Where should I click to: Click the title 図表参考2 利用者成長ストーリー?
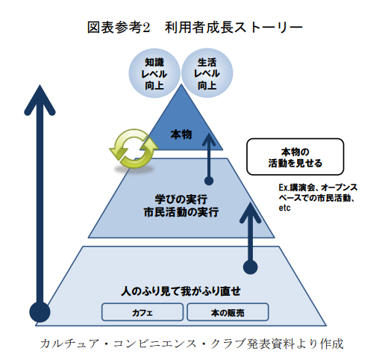[x=195, y=27]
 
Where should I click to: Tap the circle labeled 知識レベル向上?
[x=154, y=73]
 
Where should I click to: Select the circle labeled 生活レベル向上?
[x=207, y=73]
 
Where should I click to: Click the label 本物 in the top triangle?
[x=181, y=134]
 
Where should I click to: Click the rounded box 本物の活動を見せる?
[x=295, y=157]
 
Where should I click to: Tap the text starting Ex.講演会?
[x=318, y=197]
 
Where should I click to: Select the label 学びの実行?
[x=181, y=199]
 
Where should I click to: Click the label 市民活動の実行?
[x=181, y=212]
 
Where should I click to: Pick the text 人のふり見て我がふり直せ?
[x=181, y=291]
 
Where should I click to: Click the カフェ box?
[x=142, y=312]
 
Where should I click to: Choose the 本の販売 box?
[x=228, y=312]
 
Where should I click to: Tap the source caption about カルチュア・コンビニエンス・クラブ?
[x=192, y=344]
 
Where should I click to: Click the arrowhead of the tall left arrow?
[x=40, y=99]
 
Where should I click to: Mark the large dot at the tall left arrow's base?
[x=40, y=312]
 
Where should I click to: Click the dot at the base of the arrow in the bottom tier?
[x=251, y=267]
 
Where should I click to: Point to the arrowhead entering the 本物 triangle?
[x=209, y=140]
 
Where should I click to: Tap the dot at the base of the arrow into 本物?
[x=209, y=181]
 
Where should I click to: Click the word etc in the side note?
[x=284, y=208]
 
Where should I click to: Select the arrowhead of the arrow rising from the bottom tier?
[x=250, y=212]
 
